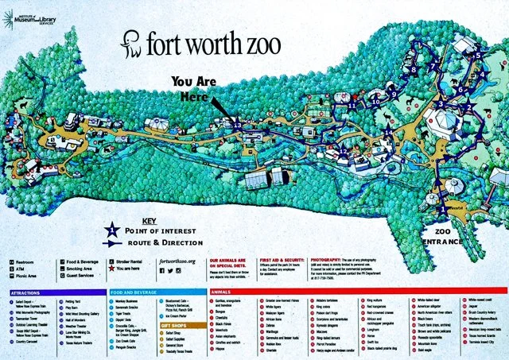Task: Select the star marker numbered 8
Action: (413, 70)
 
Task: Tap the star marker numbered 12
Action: (343, 149)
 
